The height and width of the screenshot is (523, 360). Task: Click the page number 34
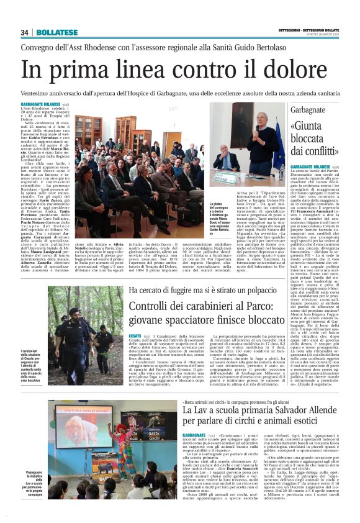[25, 32]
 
